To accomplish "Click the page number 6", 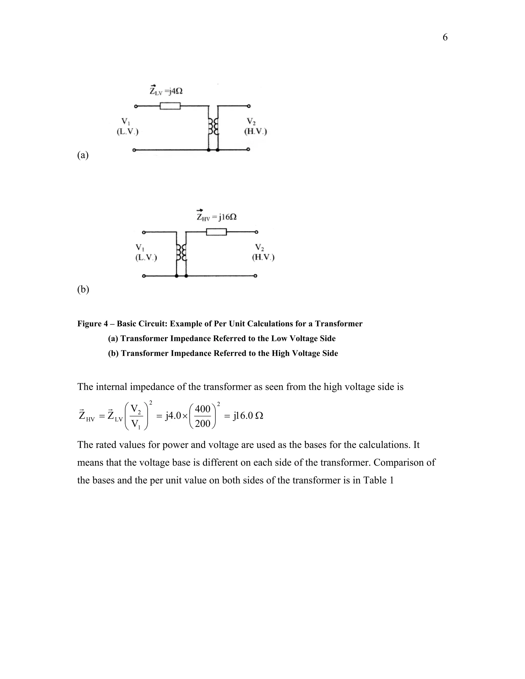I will (x=445, y=37).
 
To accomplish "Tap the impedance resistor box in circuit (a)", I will (x=170, y=106).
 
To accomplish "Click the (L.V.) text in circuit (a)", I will (x=127, y=131).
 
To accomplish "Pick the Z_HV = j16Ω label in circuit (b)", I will (x=216, y=217).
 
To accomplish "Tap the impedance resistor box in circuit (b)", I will (x=216, y=232).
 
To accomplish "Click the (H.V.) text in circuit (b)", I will (x=263, y=258).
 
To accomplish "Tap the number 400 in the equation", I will (x=203, y=409).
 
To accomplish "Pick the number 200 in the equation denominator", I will (x=203, y=423).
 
